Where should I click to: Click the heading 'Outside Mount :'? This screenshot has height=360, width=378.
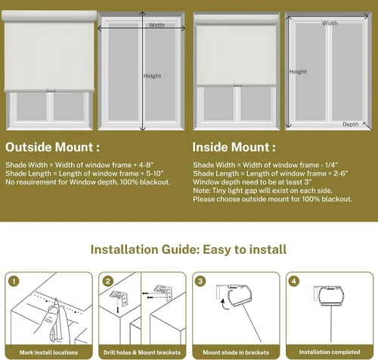coord(52,147)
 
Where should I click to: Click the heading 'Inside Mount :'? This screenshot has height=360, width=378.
coord(234,147)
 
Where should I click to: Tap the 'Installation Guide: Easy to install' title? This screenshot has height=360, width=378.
coord(188,249)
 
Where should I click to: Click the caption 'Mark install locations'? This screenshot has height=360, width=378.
coord(48,352)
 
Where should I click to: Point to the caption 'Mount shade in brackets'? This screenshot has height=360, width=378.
coord(235,352)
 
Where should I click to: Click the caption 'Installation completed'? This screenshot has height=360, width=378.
coord(329,352)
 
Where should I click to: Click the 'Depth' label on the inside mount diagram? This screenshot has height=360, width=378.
coord(350,124)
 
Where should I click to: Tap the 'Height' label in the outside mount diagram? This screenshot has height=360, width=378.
coord(152,76)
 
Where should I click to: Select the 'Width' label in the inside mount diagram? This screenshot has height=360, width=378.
coord(330,23)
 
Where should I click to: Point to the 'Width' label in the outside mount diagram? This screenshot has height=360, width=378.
coord(156,25)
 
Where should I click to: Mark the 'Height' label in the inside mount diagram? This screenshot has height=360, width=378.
coord(298,72)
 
